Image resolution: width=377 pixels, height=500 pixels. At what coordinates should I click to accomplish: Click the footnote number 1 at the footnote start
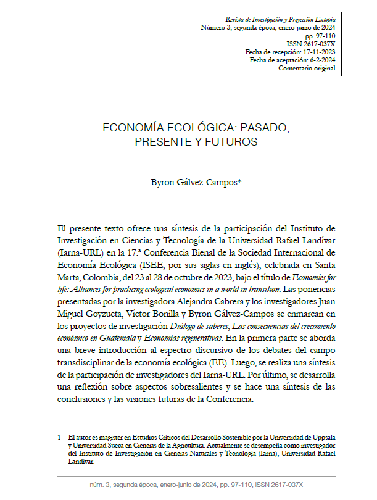58,435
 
